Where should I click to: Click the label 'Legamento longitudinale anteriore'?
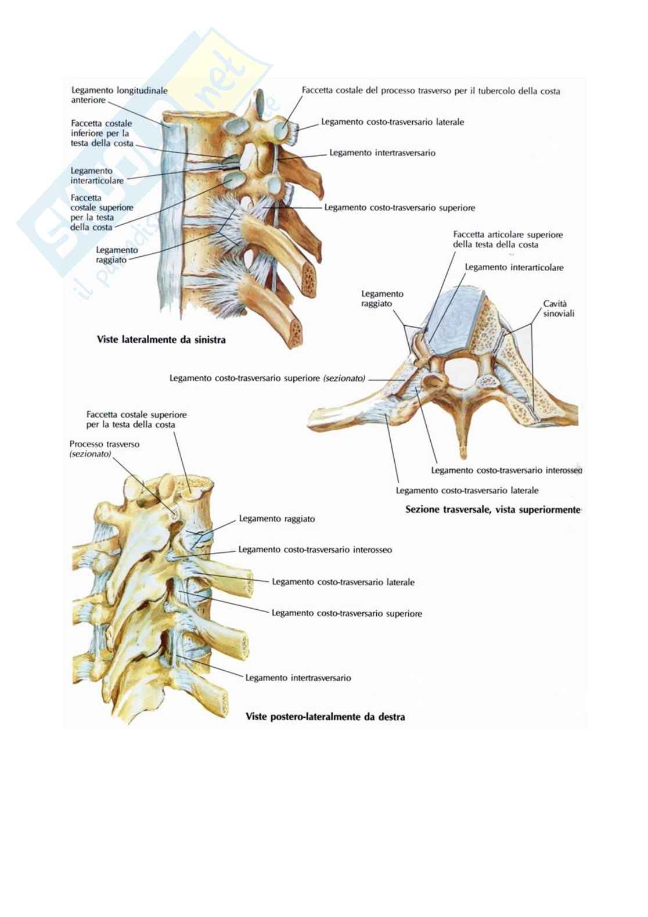coord(119,95)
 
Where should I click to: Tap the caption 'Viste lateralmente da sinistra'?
coord(161,339)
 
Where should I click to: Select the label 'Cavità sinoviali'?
coord(559,309)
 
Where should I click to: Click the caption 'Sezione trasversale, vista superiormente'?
coord(493,510)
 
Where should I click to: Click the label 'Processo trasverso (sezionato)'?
coord(105,449)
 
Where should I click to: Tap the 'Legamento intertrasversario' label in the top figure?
coord(382,153)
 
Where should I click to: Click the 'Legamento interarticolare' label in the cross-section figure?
coord(514,267)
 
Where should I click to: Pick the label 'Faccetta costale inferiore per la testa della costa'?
coord(102,133)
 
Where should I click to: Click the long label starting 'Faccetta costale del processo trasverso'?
coord(431,91)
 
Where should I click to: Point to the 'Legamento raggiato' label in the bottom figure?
coord(277,519)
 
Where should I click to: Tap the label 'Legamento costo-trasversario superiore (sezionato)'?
coord(267,378)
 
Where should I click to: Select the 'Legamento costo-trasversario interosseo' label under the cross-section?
coord(506,470)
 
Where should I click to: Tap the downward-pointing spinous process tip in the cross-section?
coord(463,455)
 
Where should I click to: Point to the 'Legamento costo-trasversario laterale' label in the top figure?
coord(393,122)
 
